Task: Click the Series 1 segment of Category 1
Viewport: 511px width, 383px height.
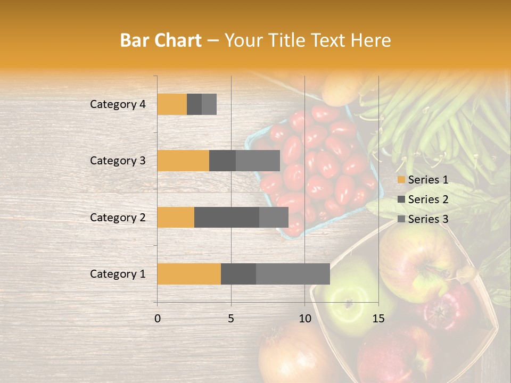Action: (x=189, y=273)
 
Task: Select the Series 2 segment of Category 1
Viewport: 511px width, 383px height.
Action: (x=238, y=273)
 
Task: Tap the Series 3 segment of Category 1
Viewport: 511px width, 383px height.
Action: (x=293, y=273)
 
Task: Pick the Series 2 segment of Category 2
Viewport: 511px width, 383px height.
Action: (x=227, y=217)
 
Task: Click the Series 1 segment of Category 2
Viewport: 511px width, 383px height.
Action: (x=176, y=217)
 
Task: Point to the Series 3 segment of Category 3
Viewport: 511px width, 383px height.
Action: (x=258, y=161)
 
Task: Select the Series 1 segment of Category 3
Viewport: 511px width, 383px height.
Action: (x=183, y=161)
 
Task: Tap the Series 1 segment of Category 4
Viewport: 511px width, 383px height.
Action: (x=172, y=104)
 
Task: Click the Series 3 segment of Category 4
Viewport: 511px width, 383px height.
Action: (x=209, y=104)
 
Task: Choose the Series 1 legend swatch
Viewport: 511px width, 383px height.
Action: (x=401, y=180)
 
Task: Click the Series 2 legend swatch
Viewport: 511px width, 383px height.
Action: (x=401, y=199)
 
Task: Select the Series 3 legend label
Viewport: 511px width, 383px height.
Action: (x=428, y=219)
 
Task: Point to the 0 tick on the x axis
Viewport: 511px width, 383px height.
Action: (x=158, y=319)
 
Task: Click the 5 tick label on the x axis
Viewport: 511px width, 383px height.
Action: (x=231, y=319)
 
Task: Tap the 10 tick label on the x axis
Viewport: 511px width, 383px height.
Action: (x=304, y=319)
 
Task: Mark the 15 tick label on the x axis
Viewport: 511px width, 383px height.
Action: (x=378, y=319)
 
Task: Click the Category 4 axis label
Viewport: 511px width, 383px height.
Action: (x=118, y=104)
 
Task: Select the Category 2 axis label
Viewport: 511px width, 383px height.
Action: (x=118, y=217)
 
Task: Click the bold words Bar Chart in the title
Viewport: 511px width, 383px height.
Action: (x=161, y=40)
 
